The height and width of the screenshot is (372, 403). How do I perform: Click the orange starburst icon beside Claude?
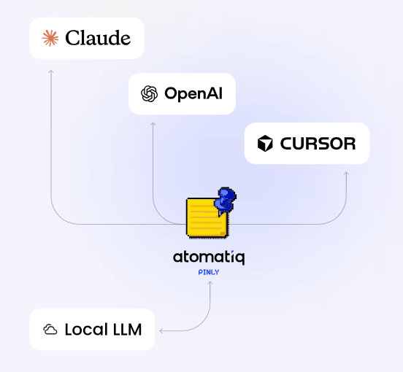coord(50,38)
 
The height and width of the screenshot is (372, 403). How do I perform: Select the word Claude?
coord(98,38)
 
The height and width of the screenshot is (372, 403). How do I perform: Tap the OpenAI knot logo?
coord(150,93)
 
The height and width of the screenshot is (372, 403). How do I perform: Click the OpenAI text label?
coord(193,94)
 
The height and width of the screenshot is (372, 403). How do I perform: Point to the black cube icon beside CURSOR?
coord(265,143)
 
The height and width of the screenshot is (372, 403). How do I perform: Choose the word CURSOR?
coord(318,144)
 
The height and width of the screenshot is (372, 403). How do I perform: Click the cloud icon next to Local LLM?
coord(50,330)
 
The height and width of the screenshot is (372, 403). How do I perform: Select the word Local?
coord(86,330)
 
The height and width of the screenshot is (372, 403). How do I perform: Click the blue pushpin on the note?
coord(226,201)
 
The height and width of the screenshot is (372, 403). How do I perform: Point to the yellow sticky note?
coord(207,217)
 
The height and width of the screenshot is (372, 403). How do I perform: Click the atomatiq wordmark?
coord(209,257)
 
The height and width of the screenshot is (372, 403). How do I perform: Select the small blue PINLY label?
coord(209,272)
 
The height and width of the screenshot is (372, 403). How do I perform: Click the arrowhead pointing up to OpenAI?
coord(153,123)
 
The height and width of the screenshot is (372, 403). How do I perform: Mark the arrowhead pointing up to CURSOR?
coord(346,174)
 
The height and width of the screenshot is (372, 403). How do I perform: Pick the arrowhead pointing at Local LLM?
coord(161,331)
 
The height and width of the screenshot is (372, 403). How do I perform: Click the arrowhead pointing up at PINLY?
coord(210,282)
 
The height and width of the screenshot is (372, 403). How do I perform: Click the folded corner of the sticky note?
coord(223,233)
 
